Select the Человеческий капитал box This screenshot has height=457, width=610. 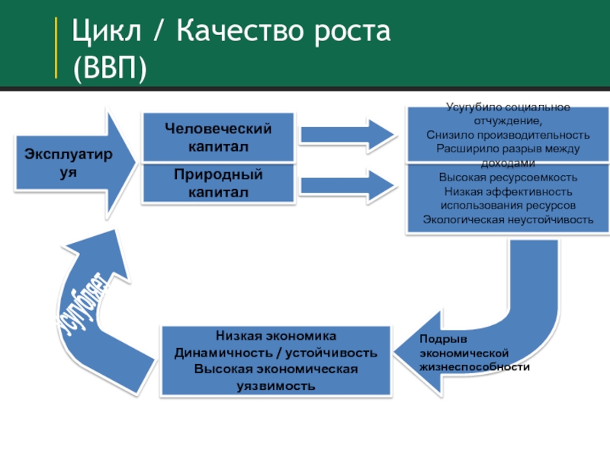[x=218, y=136]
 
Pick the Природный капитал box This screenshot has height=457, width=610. [x=218, y=184]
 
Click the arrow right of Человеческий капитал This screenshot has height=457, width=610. [x=347, y=134]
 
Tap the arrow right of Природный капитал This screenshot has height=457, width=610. [x=347, y=184]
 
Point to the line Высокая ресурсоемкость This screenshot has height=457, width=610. [x=508, y=177]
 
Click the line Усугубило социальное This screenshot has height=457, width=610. [x=508, y=108]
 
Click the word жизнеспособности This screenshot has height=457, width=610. [x=474, y=366]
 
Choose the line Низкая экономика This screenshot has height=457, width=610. [x=275, y=336]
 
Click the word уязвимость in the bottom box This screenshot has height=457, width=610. [x=275, y=385]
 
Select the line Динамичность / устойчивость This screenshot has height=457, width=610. [x=275, y=353]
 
